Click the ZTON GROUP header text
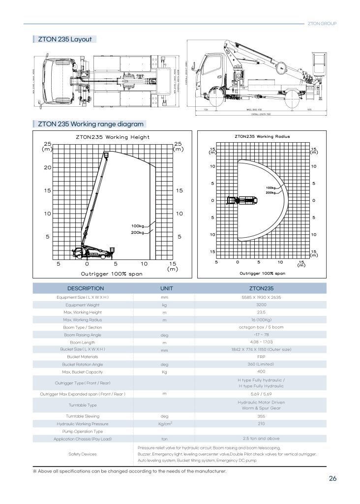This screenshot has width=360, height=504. coord(322,23)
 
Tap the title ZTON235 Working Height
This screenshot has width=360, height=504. coord(113,137)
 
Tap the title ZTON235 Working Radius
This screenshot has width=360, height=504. coord(262,136)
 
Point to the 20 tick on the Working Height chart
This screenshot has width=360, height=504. coord(47,167)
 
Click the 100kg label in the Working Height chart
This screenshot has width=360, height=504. coord(138,226)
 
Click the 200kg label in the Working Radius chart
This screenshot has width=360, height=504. coord(270,192)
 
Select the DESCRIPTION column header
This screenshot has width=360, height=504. coord(86,288)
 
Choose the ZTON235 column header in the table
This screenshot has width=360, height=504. coord(261,288)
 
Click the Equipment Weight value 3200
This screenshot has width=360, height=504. coord(261,305)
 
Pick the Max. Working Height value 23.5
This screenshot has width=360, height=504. coord(261,313)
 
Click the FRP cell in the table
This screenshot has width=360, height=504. coord(261,356)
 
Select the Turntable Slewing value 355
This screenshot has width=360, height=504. coord(261,416)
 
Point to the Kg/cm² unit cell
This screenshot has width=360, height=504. coord(164,423)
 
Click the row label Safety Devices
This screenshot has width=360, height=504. coord(82,454)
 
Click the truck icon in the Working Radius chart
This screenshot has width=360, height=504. coord(241,200)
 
